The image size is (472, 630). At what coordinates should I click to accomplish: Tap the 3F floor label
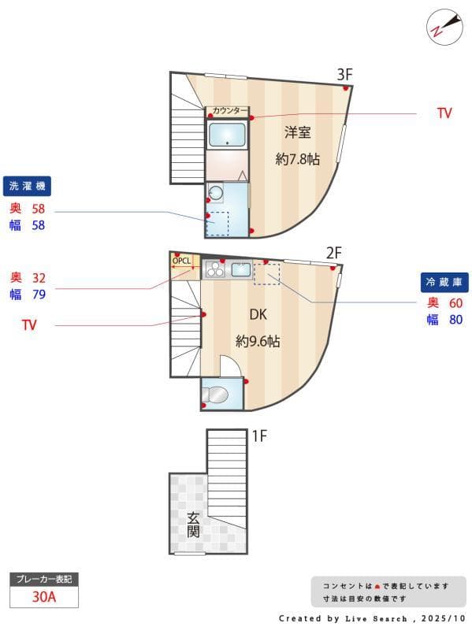click(x=344, y=74)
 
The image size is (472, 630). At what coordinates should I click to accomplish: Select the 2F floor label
click(x=334, y=252)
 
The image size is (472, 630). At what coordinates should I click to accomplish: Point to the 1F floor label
click(x=260, y=435)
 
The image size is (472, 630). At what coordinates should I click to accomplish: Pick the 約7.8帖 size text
click(x=297, y=159)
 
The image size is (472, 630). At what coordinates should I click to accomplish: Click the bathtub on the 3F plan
click(x=228, y=135)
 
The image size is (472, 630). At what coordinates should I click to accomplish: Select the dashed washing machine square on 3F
click(x=217, y=223)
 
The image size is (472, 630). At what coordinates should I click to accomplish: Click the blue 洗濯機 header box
click(x=28, y=187)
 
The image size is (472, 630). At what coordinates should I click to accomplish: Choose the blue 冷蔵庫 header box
click(x=445, y=282)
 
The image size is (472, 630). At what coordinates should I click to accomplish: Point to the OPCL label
click(x=182, y=260)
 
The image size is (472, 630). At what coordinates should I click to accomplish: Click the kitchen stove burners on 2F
click(x=214, y=270)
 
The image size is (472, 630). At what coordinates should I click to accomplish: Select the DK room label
click(x=258, y=314)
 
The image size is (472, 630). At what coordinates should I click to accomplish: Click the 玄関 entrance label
click(x=193, y=524)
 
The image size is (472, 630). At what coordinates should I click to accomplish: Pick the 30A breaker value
click(x=44, y=597)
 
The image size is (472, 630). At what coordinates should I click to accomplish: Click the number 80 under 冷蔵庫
click(x=455, y=320)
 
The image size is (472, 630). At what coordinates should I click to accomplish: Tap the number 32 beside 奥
click(x=39, y=277)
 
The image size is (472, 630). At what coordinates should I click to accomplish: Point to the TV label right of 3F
click(x=444, y=113)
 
